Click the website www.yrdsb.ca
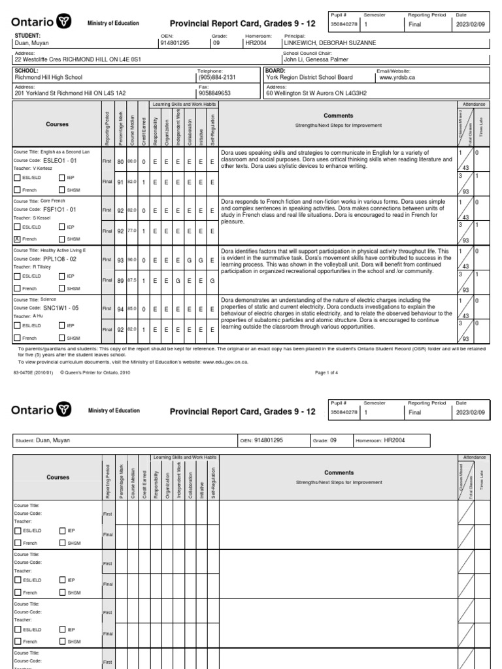(x=395, y=77)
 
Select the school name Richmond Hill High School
(x=52, y=77)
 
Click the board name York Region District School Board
(x=309, y=77)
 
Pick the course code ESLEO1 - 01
(x=60, y=160)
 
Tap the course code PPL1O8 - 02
(x=61, y=259)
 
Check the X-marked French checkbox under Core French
(x=17, y=239)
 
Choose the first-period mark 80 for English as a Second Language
(x=121, y=161)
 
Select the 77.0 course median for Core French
(x=131, y=231)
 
